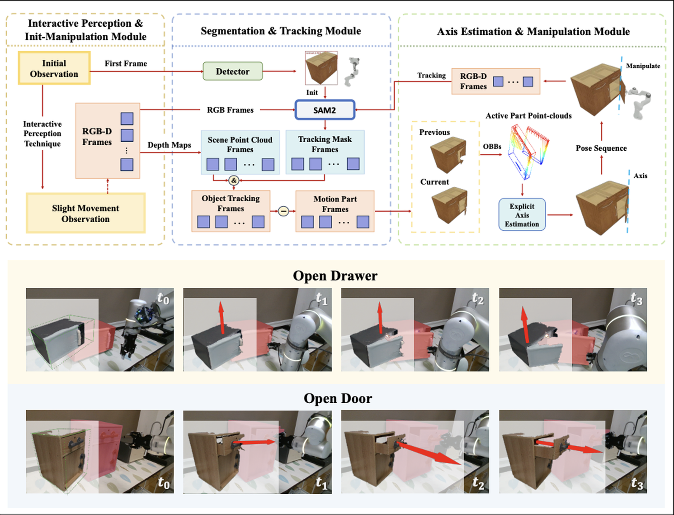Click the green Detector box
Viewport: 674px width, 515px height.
point(232,72)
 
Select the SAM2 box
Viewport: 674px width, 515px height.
point(325,110)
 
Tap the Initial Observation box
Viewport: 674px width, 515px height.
point(54,68)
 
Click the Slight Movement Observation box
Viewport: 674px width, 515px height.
point(85,213)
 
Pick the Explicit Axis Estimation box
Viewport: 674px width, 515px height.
point(522,215)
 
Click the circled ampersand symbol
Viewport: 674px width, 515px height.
point(234,181)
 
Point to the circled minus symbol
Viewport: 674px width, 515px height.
point(283,211)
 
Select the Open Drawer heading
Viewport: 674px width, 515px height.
point(335,276)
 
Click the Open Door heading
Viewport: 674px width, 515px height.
point(338,398)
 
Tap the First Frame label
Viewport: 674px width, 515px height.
point(126,63)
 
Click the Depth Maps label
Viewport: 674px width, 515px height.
point(169,145)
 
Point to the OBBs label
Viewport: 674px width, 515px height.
point(492,147)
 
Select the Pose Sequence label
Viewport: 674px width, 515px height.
point(601,148)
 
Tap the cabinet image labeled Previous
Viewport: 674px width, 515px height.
point(448,154)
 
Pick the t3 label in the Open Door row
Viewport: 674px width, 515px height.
point(636,484)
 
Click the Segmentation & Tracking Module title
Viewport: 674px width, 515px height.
point(281,31)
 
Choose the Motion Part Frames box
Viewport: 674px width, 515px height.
point(335,211)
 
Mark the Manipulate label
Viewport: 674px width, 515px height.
point(643,66)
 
